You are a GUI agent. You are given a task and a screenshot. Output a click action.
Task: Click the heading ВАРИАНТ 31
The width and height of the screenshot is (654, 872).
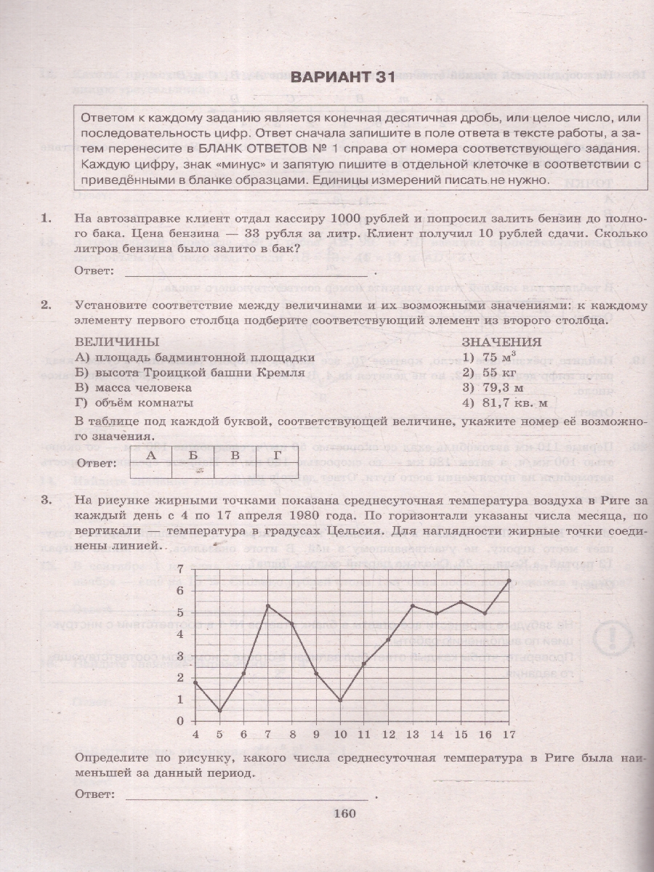342,78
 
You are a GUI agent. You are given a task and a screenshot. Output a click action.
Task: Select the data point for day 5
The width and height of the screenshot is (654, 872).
219,711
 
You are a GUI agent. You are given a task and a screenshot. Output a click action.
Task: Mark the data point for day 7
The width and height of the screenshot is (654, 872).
268,606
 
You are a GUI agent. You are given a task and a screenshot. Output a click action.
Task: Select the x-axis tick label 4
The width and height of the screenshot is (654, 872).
195,735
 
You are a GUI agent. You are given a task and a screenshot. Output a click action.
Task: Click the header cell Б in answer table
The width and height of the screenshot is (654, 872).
193,456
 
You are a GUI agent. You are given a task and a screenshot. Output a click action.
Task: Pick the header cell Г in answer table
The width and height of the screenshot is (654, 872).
277,456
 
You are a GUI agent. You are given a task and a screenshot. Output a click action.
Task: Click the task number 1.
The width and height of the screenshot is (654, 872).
47,218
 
